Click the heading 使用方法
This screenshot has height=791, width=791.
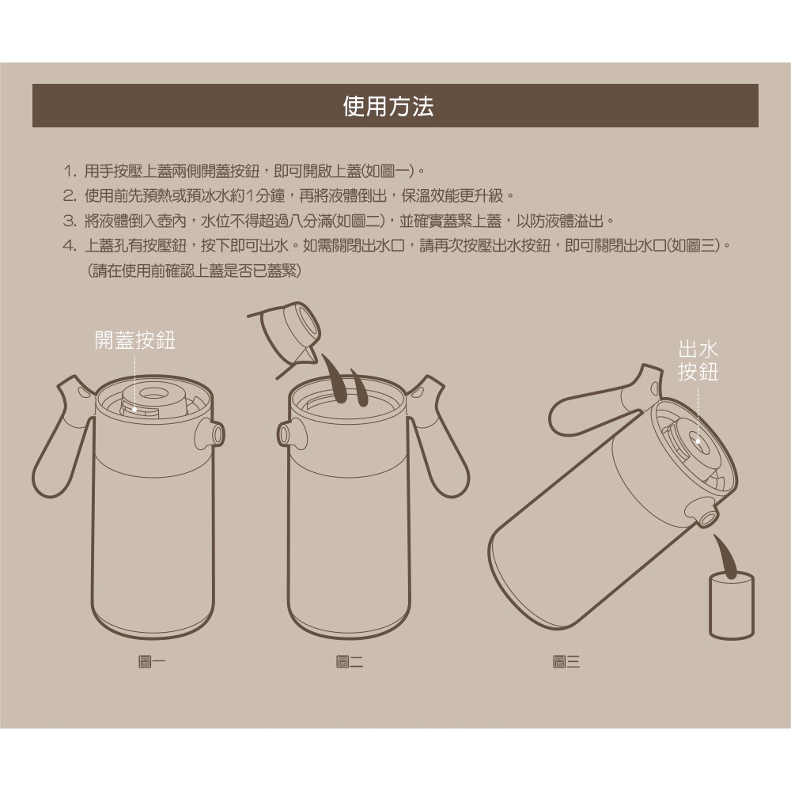(x=388, y=106)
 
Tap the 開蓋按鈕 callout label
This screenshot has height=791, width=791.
(x=135, y=340)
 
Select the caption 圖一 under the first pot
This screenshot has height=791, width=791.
(x=152, y=661)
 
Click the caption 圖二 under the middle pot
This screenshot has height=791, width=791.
(x=350, y=661)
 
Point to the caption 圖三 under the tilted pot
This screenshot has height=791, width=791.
(x=566, y=661)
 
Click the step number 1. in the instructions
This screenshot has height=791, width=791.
(x=70, y=171)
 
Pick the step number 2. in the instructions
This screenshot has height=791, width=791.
(x=70, y=195)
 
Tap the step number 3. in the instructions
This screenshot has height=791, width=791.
(x=70, y=221)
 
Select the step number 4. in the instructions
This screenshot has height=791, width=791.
(x=70, y=246)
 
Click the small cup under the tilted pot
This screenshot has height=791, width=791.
(x=732, y=605)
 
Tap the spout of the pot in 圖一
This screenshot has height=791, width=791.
(x=210, y=433)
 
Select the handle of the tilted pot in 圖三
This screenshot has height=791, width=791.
(x=600, y=403)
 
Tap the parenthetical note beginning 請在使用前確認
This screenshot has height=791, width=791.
(x=195, y=271)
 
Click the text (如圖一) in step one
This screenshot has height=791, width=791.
(x=388, y=171)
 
